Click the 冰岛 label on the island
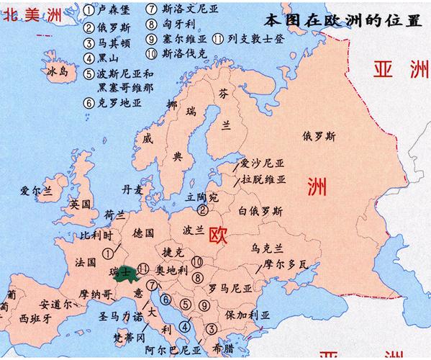pos(58,73)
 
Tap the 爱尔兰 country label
pos(37,191)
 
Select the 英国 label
pos(79,204)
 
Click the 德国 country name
pos(143,233)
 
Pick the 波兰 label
pos(195,232)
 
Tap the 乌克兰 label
pos(266,248)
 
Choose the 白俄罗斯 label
pos(260,211)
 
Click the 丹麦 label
pos(132,189)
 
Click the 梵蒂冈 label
pos(130,337)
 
